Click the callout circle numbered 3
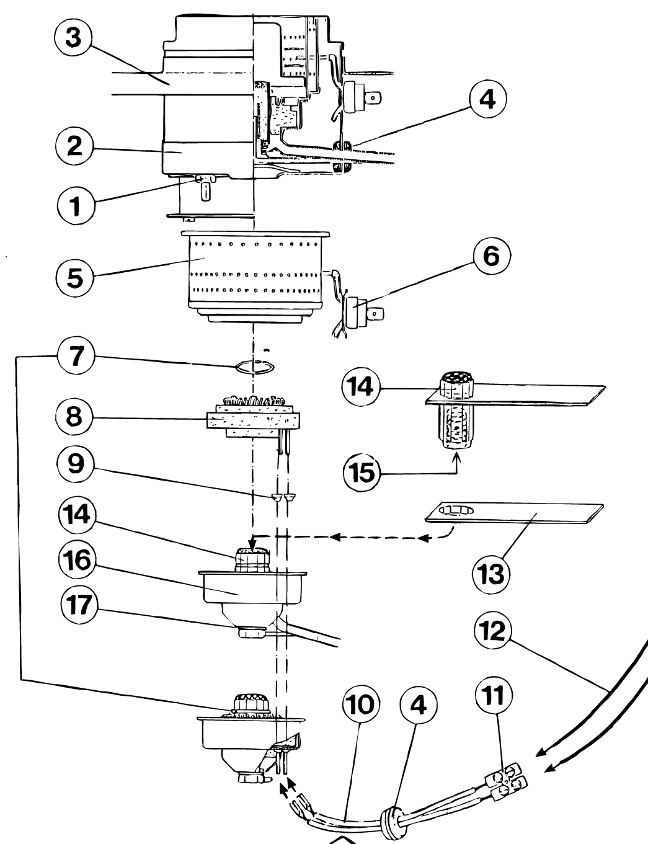(x=73, y=38)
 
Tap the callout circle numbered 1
(x=75, y=205)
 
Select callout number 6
(x=492, y=256)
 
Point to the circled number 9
(x=75, y=464)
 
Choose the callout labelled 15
(x=362, y=473)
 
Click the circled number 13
(x=490, y=574)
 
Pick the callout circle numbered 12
(x=493, y=631)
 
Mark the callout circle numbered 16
(x=78, y=561)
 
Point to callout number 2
(x=74, y=147)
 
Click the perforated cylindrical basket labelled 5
(x=255, y=277)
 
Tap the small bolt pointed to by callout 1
(x=205, y=187)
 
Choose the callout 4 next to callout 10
(x=418, y=705)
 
